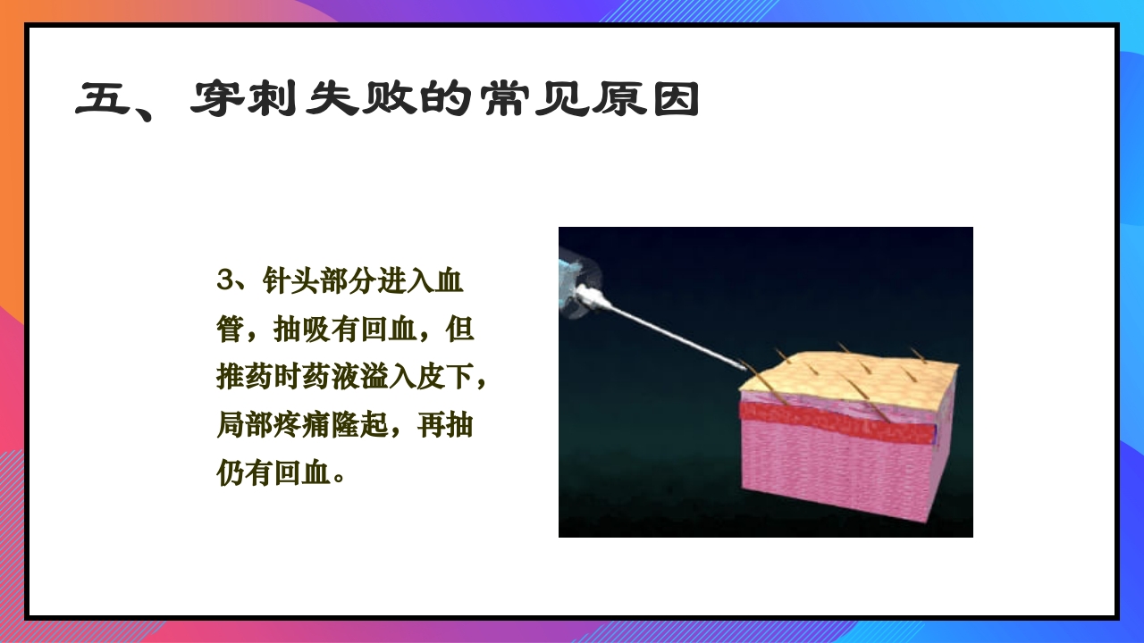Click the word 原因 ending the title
[643, 100]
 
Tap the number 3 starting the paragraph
[223, 280]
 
